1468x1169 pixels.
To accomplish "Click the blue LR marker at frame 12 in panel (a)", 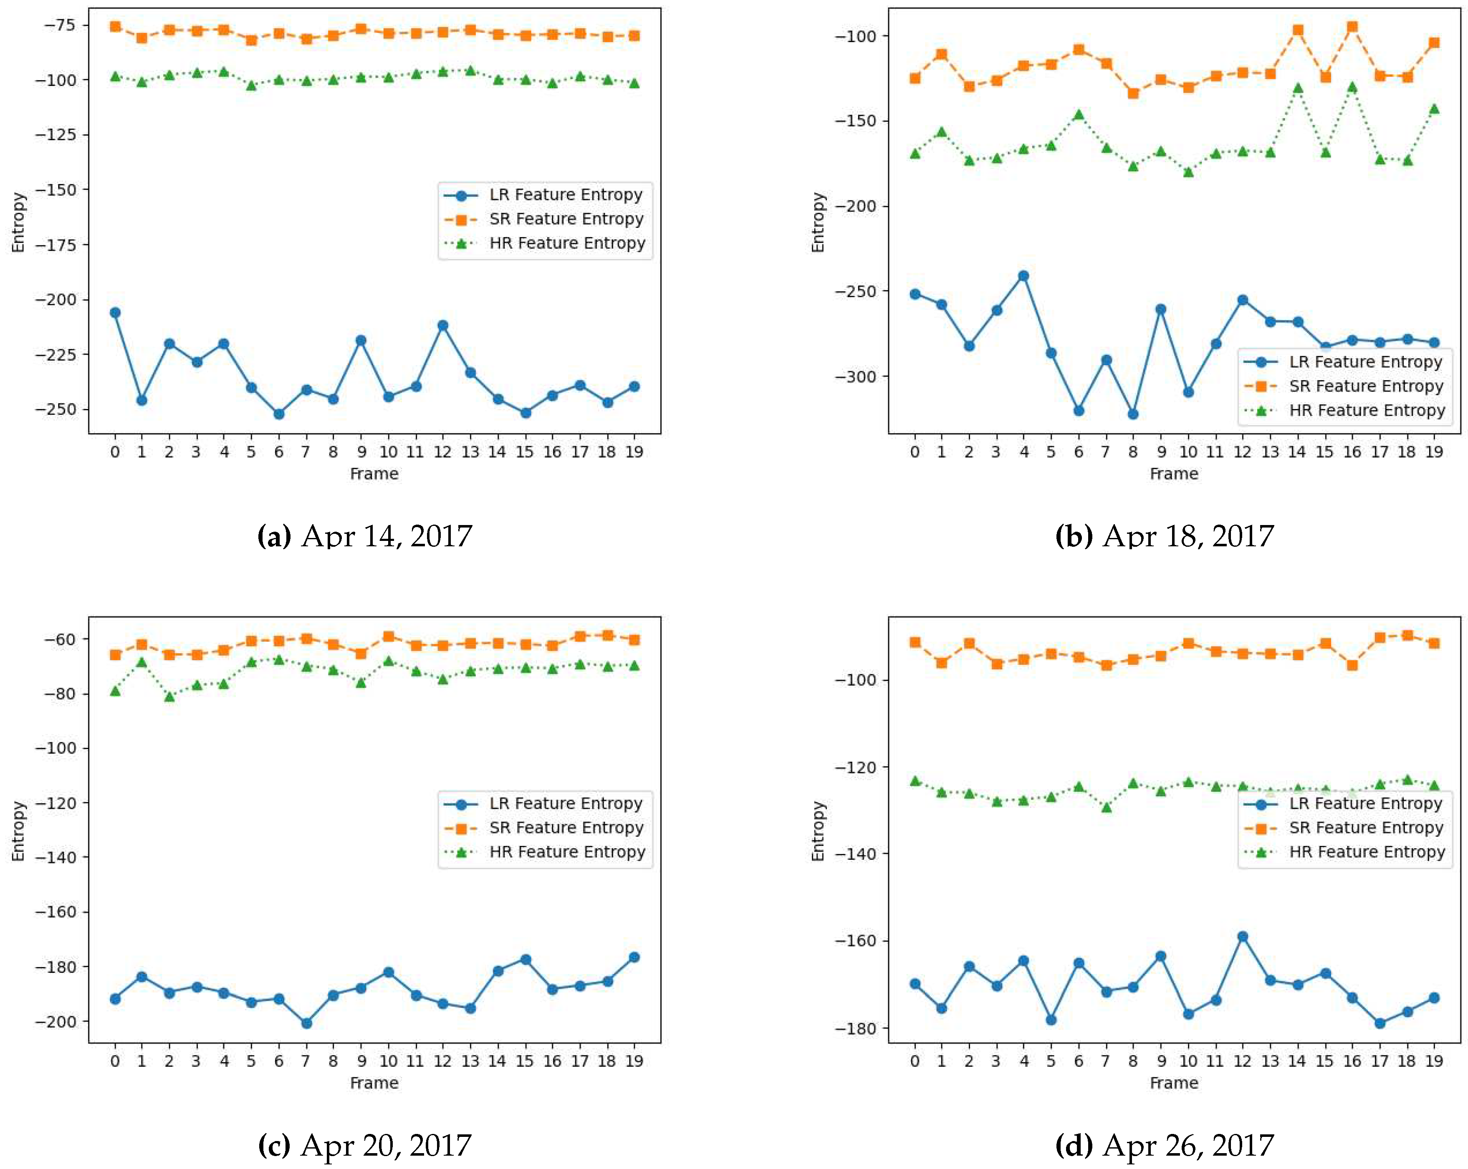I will coord(442,326).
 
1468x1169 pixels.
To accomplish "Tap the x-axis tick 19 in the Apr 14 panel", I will coord(634,452).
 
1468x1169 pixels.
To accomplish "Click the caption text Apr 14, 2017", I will coord(386,536).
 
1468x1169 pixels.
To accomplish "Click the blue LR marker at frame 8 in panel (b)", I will coord(1133,414).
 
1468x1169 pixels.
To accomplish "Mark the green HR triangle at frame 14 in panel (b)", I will coord(1298,88).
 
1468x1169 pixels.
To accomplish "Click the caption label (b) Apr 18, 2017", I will coord(1164,536).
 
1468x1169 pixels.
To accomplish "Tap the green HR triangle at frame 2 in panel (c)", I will coord(169,697).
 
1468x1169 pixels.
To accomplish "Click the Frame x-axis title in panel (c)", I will coord(374,1083).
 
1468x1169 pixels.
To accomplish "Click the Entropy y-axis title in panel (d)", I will coord(818,831).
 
